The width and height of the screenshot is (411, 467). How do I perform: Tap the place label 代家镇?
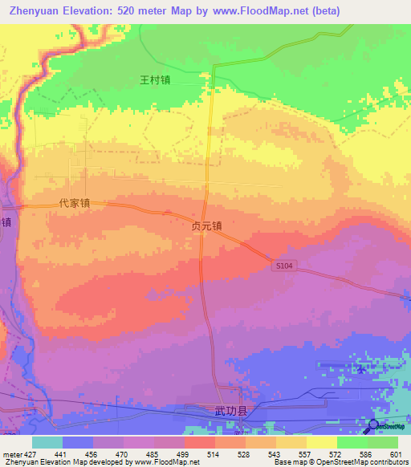74,204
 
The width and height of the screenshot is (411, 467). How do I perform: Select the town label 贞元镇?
206,227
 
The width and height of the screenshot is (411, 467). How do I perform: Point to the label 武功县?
230,411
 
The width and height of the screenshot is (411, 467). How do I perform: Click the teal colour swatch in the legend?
47,442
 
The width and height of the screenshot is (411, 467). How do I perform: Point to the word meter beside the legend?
11,453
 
